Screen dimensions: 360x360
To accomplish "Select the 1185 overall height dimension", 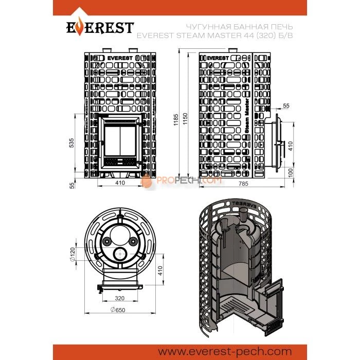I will [x=175, y=121].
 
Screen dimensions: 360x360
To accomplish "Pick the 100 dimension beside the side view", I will [x=291, y=172].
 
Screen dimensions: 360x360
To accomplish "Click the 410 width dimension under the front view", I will [x=120, y=183].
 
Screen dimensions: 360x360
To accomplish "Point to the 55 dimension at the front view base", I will [x=72, y=184].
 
